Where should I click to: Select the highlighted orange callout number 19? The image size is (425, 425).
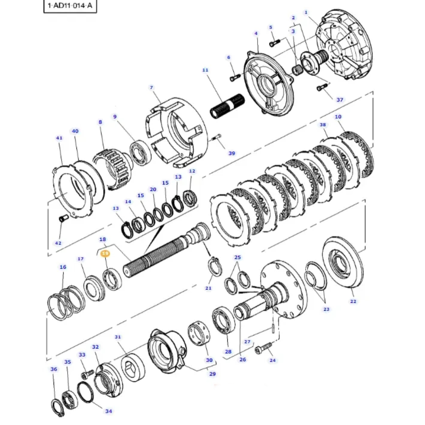105,253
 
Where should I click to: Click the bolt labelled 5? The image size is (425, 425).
275,42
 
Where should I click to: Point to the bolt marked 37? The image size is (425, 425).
322,88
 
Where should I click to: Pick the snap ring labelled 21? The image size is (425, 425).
213,267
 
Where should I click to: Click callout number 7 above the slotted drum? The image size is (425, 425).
151,88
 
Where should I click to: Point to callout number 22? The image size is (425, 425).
353,301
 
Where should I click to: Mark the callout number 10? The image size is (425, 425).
338,116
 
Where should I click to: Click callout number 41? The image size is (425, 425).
59,138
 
